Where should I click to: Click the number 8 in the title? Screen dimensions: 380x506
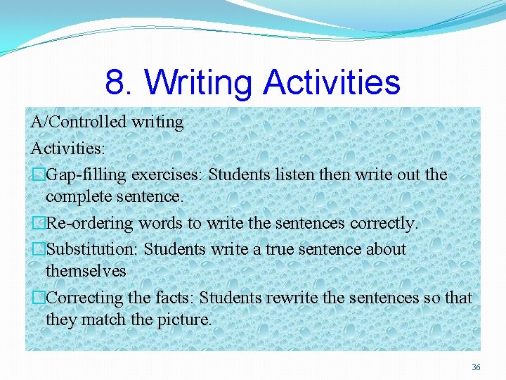(x=115, y=82)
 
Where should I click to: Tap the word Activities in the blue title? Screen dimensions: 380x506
(x=332, y=82)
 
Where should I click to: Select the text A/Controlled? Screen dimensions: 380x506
(x=69, y=122)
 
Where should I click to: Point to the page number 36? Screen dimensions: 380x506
(x=476, y=367)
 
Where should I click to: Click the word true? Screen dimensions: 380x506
(x=281, y=249)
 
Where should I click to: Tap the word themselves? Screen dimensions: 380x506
(x=86, y=271)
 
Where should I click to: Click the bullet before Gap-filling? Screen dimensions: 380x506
(x=39, y=175)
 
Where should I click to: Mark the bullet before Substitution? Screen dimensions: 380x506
(x=39, y=249)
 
